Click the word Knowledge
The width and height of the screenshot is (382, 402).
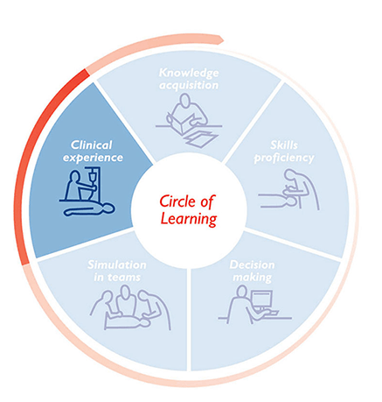coord(189,74)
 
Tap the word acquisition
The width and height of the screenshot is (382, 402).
coord(189,85)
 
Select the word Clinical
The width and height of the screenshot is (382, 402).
coord(91,145)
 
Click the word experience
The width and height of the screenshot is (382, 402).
coord(93,158)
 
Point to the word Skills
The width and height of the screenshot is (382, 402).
coord(284,145)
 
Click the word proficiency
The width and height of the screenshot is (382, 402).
coord(284,158)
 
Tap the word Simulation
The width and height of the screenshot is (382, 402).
coord(117,264)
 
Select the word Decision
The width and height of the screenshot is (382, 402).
coord(252,264)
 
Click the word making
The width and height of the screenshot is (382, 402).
coord(253,278)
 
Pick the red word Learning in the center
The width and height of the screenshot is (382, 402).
coord(189,219)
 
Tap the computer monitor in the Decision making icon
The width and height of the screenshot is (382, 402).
coord(261,300)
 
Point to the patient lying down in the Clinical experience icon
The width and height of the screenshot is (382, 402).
coord(89,209)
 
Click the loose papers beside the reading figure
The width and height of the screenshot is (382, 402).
coord(202,139)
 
